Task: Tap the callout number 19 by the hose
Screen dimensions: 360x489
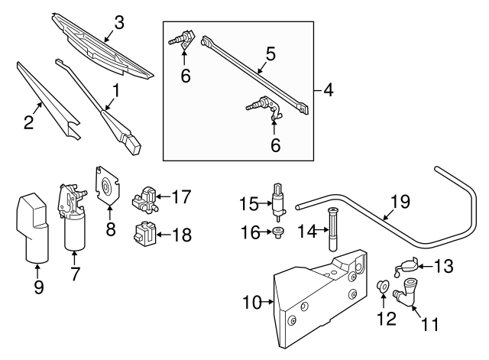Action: pyautogui.click(x=400, y=202)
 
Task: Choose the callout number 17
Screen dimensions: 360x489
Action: pyautogui.click(x=180, y=196)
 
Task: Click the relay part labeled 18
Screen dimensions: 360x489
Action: pyautogui.click(x=144, y=234)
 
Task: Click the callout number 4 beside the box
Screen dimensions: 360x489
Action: pyautogui.click(x=328, y=90)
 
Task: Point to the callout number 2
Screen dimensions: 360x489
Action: pyautogui.click(x=28, y=122)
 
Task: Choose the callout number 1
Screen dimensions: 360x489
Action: pyautogui.click(x=115, y=91)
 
